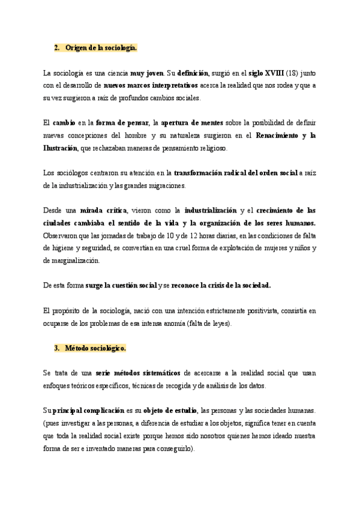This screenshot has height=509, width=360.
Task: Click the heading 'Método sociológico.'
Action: [x=96, y=348]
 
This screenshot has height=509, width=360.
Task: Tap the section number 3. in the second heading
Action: [x=56, y=348]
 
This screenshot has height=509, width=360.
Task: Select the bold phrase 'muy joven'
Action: [x=146, y=73]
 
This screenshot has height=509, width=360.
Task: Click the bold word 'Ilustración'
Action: [x=61, y=148]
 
